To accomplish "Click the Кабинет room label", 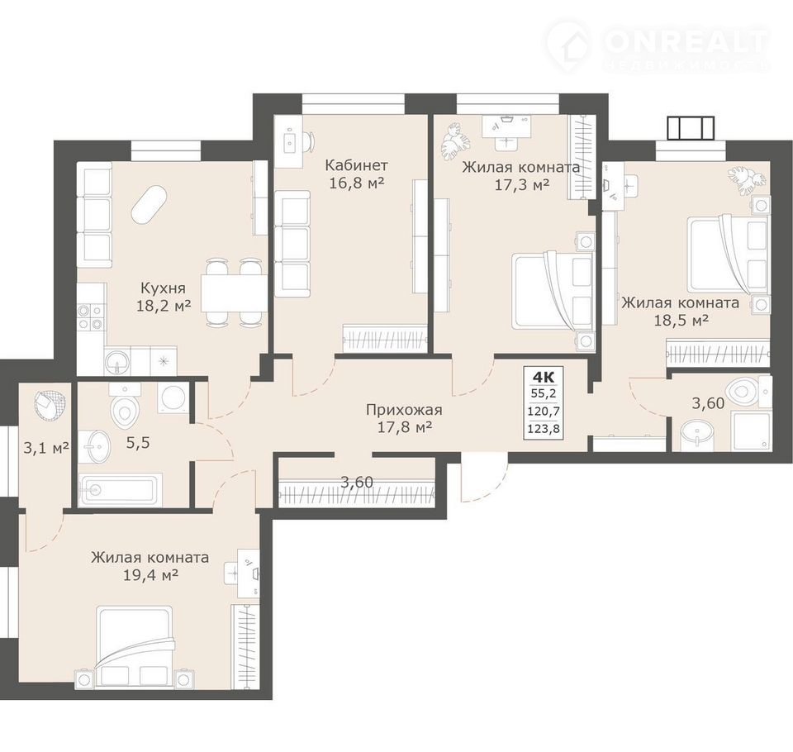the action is [x=356, y=165].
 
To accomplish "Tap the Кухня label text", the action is [x=163, y=288].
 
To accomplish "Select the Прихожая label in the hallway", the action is [x=404, y=409].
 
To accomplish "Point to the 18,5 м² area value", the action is [x=680, y=320].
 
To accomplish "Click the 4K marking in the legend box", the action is [x=544, y=377].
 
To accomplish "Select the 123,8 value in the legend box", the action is [x=544, y=428].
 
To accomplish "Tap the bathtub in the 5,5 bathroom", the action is [x=121, y=489].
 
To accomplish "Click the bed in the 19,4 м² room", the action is [x=135, y=648].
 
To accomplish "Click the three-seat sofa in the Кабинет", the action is [x=292, y=244].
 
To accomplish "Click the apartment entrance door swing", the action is [x=486, y=481].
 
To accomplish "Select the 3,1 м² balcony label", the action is [x=46, y=448].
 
